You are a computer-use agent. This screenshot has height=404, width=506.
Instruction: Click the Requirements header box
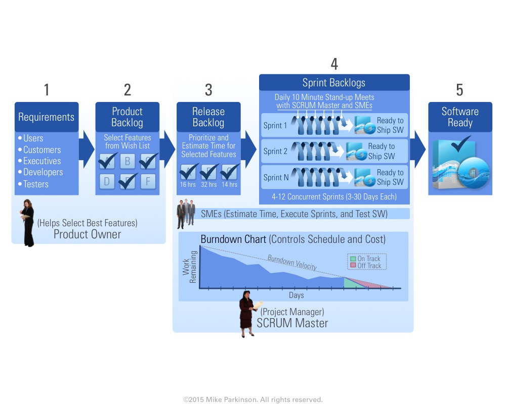[x=47, y=117]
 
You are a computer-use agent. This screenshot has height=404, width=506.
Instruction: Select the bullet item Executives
[x=42, y=161]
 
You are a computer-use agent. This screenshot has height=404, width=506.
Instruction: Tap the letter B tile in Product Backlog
[x=127, y=161]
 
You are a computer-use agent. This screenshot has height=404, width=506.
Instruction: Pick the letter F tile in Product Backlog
[x=148, y=181]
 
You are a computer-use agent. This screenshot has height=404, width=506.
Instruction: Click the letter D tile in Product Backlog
[x=107, y=181]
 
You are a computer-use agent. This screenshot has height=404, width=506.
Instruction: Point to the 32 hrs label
[x=208, y=185]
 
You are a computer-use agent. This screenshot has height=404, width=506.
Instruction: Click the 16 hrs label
[x=188, y=185]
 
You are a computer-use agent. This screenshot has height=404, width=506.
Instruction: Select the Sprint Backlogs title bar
[x=334, y=83]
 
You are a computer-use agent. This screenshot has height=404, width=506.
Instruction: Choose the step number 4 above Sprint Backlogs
[x=334, y=64]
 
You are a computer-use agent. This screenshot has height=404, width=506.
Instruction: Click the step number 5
[x=459, y=90]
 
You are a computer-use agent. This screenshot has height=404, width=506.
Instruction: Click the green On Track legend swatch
[x=353, y=259]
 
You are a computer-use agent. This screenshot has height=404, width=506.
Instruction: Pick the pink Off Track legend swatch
[x=353, y=266]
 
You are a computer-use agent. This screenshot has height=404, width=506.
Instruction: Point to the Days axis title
[x=297, y=295]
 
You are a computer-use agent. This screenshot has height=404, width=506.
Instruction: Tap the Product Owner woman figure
[x=27, y=223]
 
